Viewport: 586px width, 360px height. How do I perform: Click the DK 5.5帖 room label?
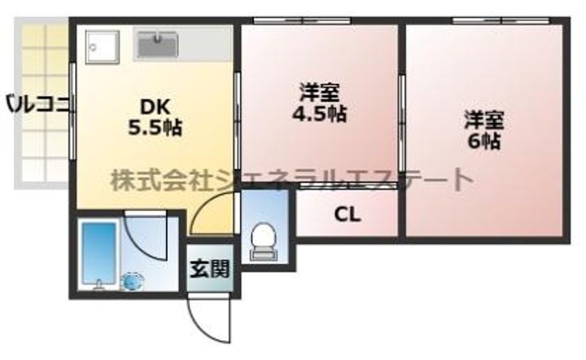click(x=155, y=117)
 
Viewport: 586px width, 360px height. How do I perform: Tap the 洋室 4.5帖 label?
click(x=320, y=103)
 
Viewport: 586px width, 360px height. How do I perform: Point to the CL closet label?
click(x=348, y=215)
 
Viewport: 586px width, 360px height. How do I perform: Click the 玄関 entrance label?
click(x=210, y=269)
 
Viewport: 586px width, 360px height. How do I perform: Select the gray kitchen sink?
click(x=157, y=45)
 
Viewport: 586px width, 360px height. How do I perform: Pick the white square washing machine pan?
click(x=102, y=47)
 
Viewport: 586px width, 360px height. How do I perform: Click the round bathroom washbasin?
click(x=133, y=281)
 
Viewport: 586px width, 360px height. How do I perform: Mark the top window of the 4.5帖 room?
click(x=302, y=21)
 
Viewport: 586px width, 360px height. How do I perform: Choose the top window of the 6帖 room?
click(x=501, y=21)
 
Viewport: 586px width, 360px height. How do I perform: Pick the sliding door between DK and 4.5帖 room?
click(x=238, y=121)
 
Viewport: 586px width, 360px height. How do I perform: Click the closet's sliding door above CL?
click(x=348, y=185)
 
